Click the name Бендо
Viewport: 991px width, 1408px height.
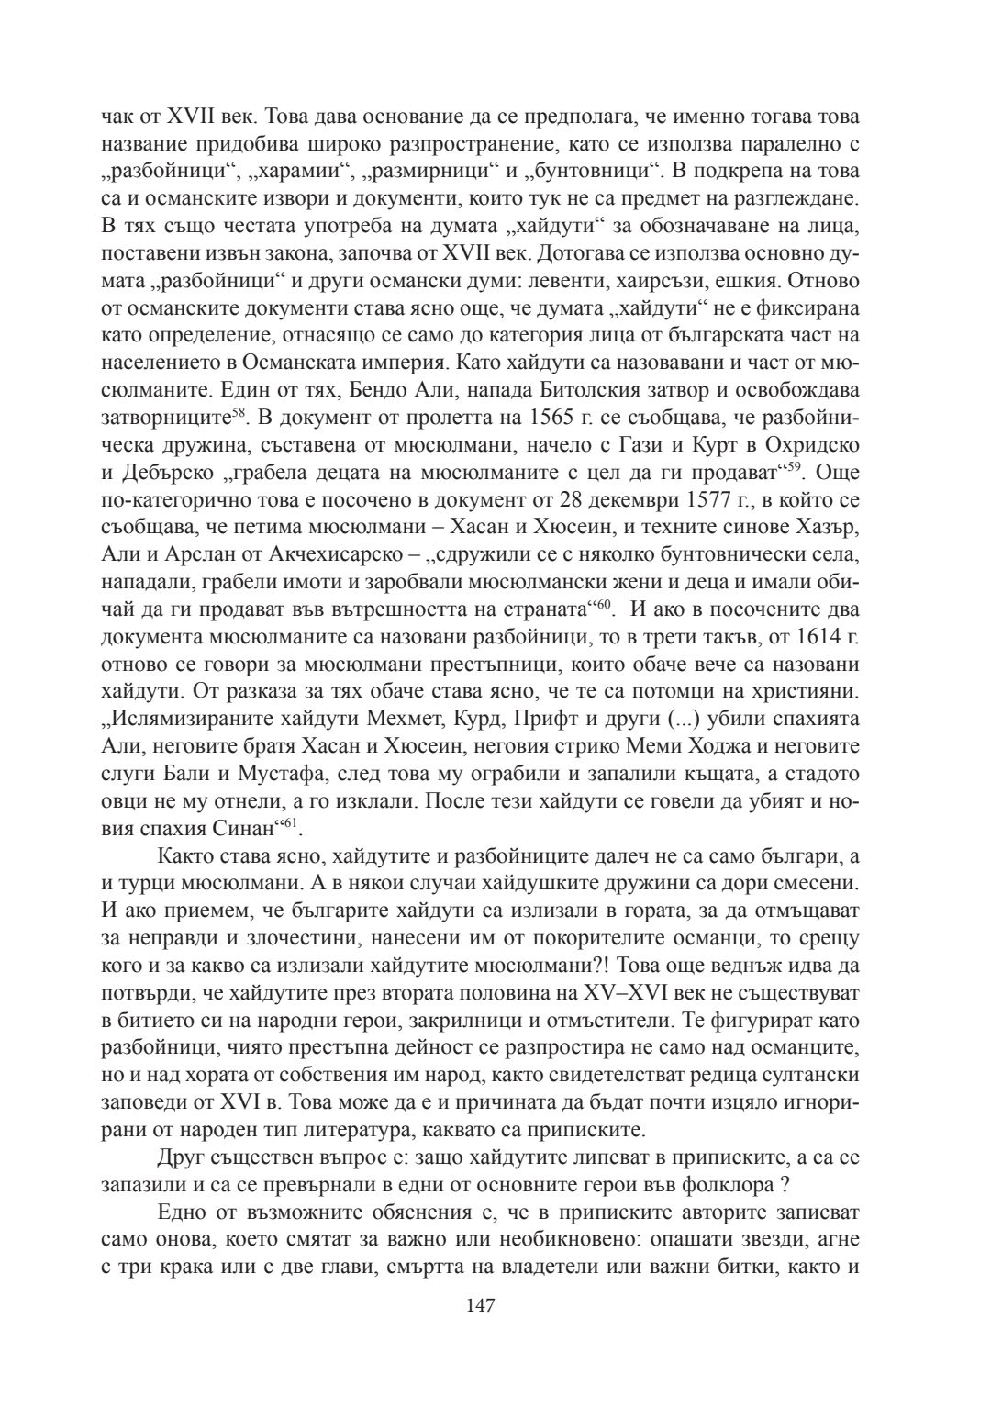[378, 390]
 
